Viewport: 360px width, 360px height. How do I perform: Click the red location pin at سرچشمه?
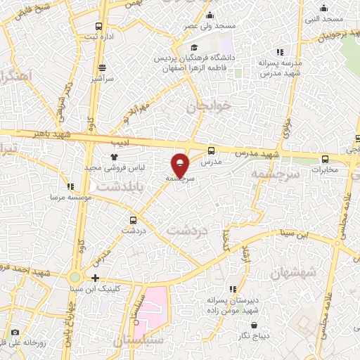coord(181,165)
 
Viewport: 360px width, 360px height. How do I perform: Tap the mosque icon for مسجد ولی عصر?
coord(209,15)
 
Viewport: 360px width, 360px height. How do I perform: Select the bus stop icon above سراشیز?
coord(103,68)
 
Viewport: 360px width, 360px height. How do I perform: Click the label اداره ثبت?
coord(96,35)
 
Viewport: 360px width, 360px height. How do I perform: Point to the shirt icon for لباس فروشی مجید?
coord(115,157)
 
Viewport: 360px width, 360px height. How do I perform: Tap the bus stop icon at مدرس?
coord(212,150)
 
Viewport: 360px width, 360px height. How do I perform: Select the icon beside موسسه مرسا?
coord(70,186)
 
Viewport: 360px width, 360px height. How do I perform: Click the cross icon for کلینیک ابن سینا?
coord(95,278)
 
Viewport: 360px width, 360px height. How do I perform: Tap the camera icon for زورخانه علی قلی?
coord(15,332)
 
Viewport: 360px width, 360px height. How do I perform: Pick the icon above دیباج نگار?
coord(253,325)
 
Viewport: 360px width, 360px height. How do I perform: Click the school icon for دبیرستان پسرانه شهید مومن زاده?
coord(232,289)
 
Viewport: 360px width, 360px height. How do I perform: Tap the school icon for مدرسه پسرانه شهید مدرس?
coord(281,52)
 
